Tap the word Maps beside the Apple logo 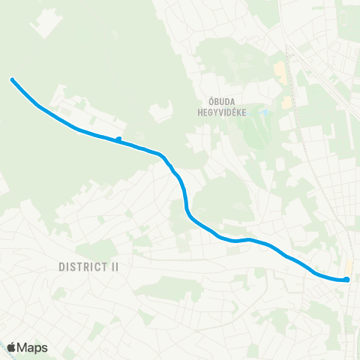click(33, 348)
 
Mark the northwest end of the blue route click(12, 79)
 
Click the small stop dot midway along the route click(118, 139)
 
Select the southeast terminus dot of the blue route click(347, 280)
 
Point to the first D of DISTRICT click(61, 266)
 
